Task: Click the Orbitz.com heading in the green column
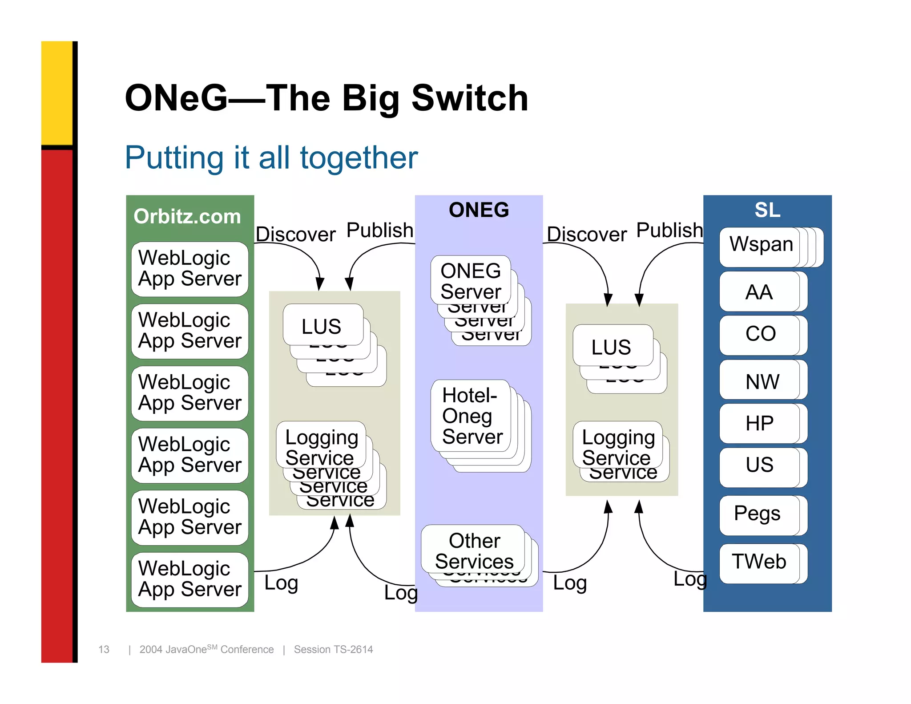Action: pos(187,217)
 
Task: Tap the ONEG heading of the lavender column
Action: pos(479,210)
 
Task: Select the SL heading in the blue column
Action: pos(767,210)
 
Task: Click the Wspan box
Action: pos(761,245)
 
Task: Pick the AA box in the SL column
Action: pos(759,292)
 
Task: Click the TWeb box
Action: pos(759,562)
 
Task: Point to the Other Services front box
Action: pos(474,550)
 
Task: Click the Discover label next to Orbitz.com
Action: pos(295,235)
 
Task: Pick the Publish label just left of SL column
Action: pos(669,231)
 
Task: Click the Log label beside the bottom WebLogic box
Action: pos(281,583)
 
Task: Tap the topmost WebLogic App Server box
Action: pos(190,268)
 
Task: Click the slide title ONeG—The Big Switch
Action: pos(326,98)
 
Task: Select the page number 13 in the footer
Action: pos(104,649)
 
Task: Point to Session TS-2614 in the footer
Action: pos(333,649)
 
